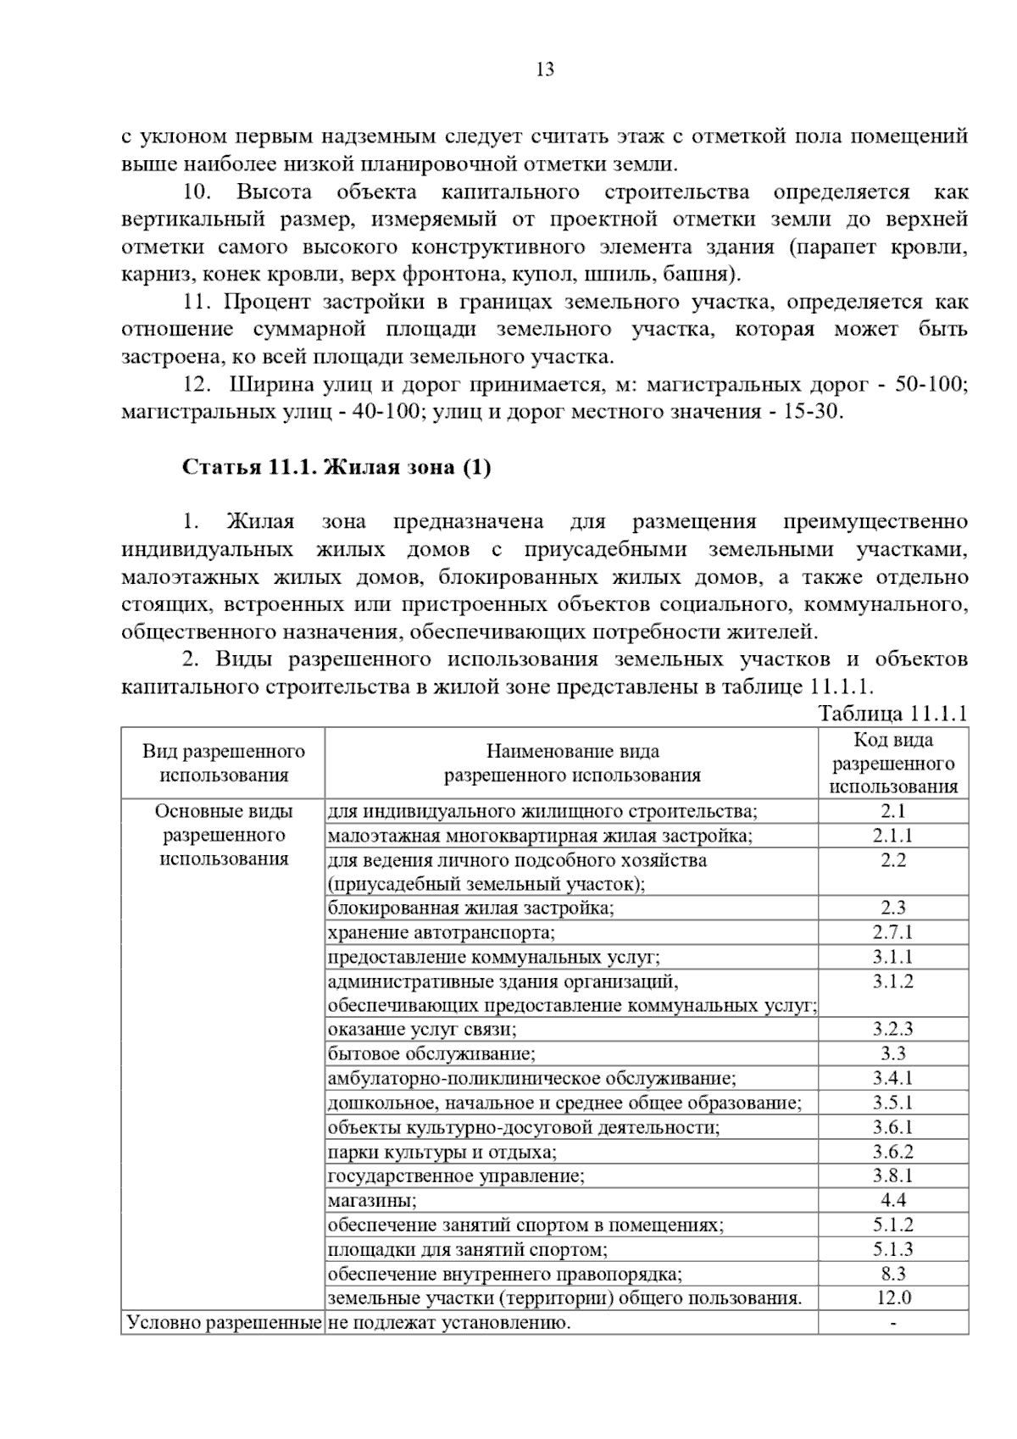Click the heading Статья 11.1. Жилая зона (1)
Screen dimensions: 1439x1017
[336, 468]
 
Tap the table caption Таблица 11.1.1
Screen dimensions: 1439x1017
[892, 713]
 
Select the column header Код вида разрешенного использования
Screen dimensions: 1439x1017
[893, 763]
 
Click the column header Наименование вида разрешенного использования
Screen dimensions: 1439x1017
[572, 763]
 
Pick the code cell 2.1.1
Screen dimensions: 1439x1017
[893, 836]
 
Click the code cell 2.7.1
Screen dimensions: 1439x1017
[893, 932]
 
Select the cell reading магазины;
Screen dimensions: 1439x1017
[372, 1200]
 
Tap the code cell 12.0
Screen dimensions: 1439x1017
[893, 1297]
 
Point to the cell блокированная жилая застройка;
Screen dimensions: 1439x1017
[471, 908]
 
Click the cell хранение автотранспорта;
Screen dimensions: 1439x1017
[442, 933]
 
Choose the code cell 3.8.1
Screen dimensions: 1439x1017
[893, 1175]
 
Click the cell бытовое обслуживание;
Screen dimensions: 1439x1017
[432, 1054]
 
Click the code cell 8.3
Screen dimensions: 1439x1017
[893, 1273]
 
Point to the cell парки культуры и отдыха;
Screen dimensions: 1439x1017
[442, 1152]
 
